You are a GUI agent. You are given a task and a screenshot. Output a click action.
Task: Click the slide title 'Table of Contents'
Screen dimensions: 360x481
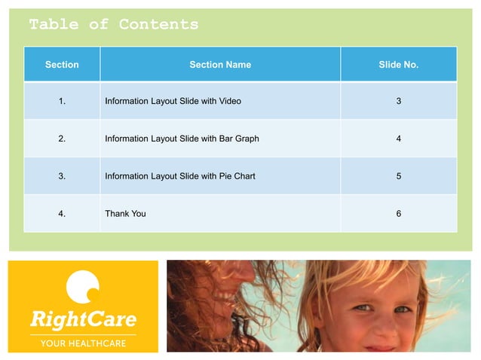click(114, 24)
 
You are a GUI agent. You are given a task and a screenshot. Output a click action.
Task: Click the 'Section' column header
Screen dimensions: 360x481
click(62, 65)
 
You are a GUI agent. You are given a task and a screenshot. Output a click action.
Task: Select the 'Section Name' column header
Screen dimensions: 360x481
click(220, 65)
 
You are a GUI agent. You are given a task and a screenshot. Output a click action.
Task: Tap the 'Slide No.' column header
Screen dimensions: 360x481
click(398, 65)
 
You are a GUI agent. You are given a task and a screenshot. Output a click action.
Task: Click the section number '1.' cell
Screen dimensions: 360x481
click(62, 101)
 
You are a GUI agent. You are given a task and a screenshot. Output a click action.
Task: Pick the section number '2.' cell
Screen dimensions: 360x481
click(62, 139)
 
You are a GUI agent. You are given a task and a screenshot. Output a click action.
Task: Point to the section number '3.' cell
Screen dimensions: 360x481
click(62, 176)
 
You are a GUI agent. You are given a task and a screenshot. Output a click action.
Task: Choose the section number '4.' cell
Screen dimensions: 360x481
click(62, 214)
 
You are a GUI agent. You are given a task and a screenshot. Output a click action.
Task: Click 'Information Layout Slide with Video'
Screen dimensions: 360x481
click(173, 101)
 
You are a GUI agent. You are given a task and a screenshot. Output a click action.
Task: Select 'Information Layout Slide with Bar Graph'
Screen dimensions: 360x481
click(182, 139)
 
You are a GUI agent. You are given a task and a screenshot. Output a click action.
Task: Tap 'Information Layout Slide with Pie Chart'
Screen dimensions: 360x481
click(179, 176)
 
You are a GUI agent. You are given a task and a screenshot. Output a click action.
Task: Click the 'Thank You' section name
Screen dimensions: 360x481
click(125, 214)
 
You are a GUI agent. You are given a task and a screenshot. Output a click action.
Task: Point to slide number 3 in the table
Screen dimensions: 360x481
click(398, 101)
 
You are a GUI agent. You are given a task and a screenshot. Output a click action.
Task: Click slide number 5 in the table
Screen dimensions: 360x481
click(398, 176)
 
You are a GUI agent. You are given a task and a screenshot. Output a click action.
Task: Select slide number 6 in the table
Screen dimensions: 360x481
click(398, 214)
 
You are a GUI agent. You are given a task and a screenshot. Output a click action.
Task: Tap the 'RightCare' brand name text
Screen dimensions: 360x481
click(83, 319)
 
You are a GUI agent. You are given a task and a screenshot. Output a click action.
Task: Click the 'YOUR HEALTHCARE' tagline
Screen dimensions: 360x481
click(83, 343)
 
